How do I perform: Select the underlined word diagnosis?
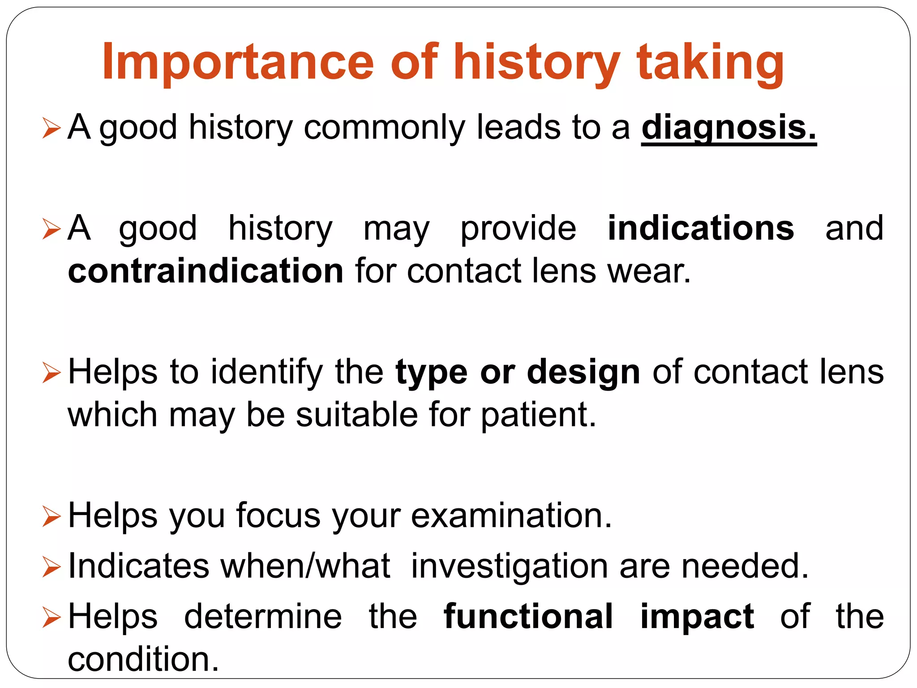pyautogui.click(x=728, y=128)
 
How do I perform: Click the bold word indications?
pyautogui.click(x=701, y=228)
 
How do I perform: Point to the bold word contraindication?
pyautogui.click(x=206, y=271)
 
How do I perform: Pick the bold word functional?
pyautogui.click(x=528, y=616)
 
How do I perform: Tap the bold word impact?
pyautogui.click(x=697, y=617)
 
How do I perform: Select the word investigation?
pyautogui.click(x=510, y=567)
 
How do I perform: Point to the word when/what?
pyautogui.click(x=305, y=566)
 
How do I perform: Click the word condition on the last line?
pyautogui.click(x=143, y=659)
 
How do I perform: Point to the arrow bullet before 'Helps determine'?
pyautogui.click(x=51, y=618)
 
